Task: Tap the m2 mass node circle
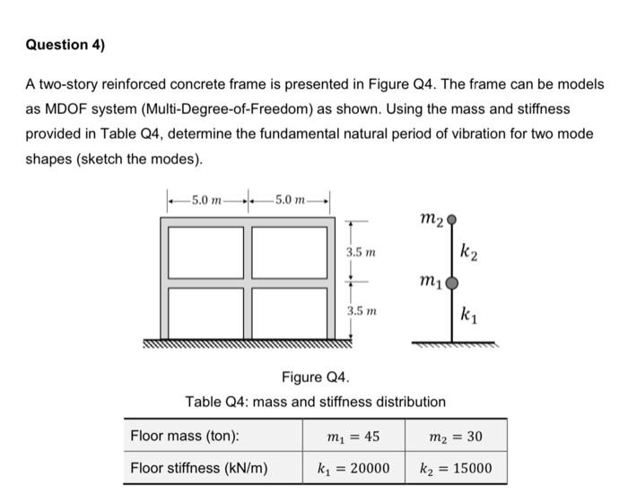click(x=451, y=218)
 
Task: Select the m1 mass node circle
click(x=451, y=283)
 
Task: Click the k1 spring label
click(x=468, y=315)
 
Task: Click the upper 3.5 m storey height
click(x=362, y=254)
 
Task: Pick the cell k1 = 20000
click(x=353, y=467)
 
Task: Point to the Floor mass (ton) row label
click(x=185, y=437)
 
